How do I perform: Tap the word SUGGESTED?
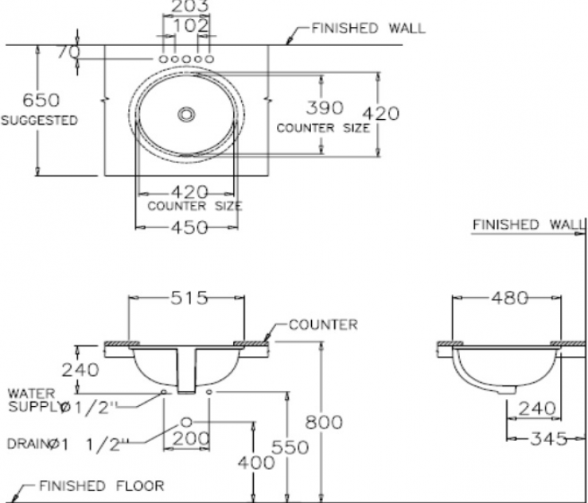[40, 121]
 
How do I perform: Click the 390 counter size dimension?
[324, 107]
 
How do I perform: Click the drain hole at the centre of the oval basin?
[186, 114]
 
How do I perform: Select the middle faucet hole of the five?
[186, 60]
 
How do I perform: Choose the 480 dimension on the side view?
[508, 298]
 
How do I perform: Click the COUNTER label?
[322, 324]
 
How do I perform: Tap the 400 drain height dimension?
[254, 462]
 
